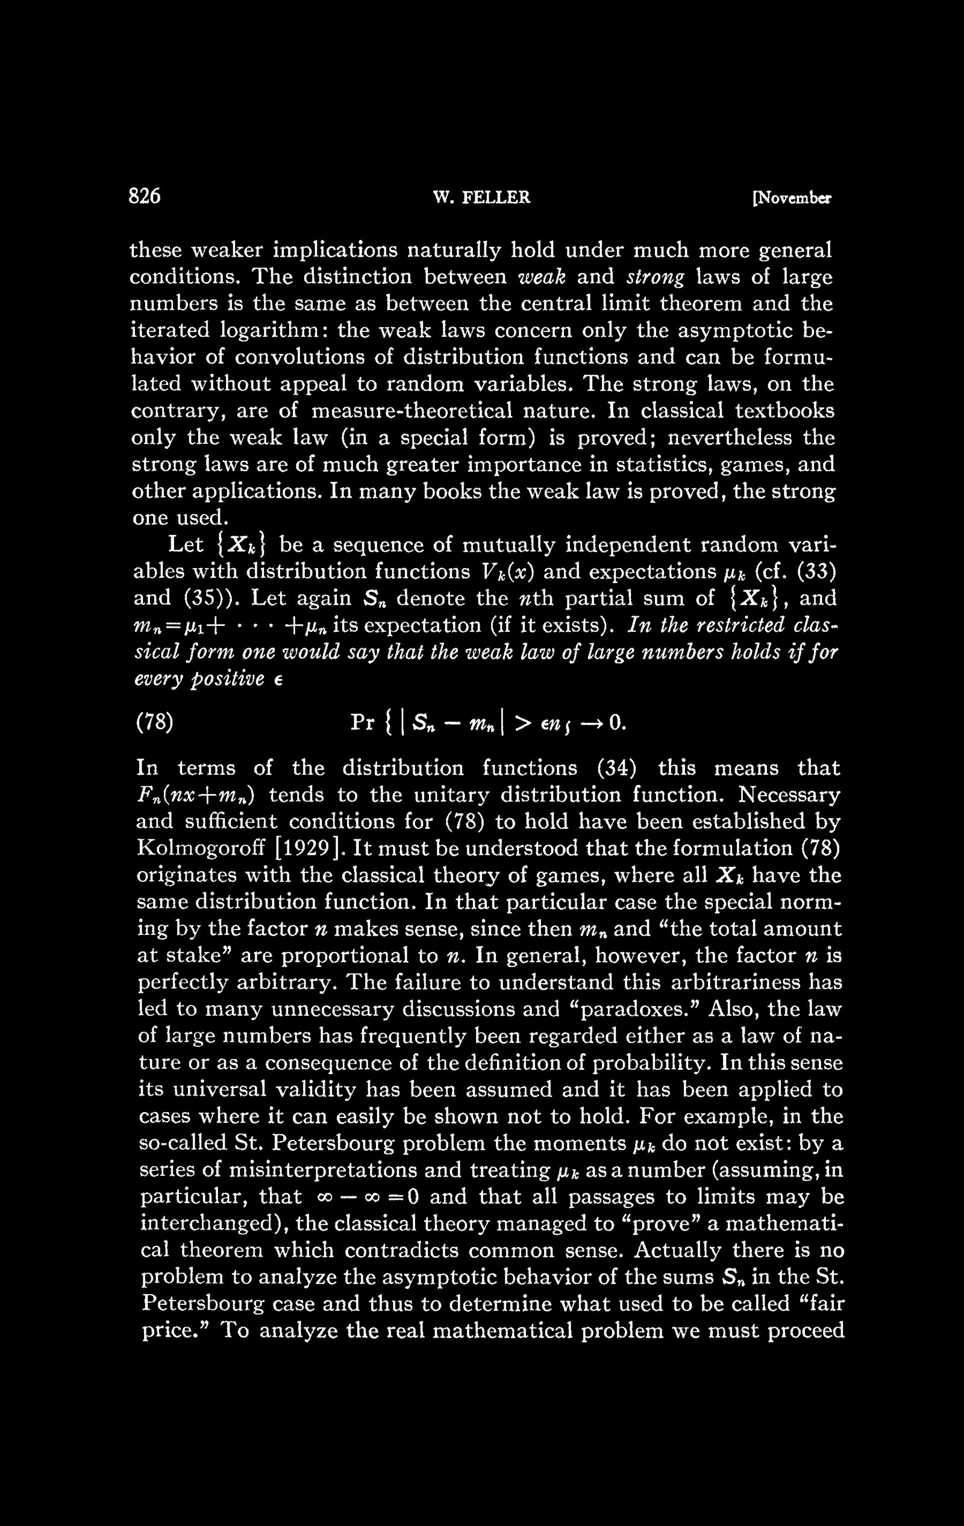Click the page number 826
tap(145, 197)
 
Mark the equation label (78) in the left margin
tap(155, 723)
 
